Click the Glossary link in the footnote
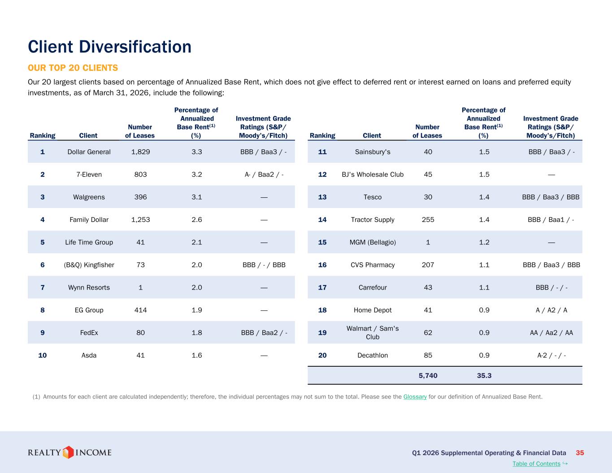[415, 397]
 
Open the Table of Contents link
[536, 464]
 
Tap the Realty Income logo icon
[68, 452]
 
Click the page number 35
[580, 453]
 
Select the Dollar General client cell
[89, 152]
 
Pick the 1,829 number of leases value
[140, 152]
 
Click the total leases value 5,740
[428, 376]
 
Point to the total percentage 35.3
[484, 376]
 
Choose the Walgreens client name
[89, 197]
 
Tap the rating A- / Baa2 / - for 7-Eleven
[264, 174]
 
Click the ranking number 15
[322, 242]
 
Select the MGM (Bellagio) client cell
[373, 242]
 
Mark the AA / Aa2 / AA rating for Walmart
[551, 333]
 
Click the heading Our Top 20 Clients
[73, 68]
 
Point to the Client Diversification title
[109, 47]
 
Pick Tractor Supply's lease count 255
[428, 220]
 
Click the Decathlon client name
[373, 356]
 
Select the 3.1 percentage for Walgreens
[197, 197]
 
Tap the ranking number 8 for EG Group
[43, 310]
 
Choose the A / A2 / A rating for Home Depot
[551, 310]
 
